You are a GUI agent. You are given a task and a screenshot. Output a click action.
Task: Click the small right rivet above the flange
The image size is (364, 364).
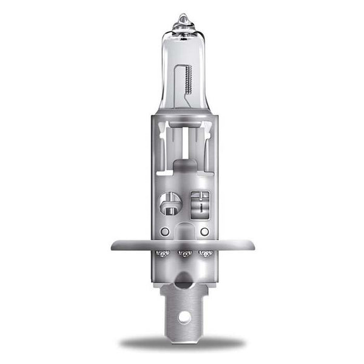pyautogui.click(x=204, y=232)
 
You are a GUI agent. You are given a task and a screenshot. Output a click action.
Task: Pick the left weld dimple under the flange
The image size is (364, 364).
pyautogui.click(x=162, y=253)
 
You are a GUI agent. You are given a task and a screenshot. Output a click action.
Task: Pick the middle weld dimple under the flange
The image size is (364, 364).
pyautogui.click(x=183, y=254)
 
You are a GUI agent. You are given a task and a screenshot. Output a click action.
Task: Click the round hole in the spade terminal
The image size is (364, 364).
pyautogui.click(x=183, y=317)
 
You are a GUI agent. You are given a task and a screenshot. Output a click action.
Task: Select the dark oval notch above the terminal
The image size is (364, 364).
pyautogui.click(x=183, y=280)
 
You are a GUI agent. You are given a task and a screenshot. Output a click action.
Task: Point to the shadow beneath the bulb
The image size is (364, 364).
pyautogui.click(x=182, y=343)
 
